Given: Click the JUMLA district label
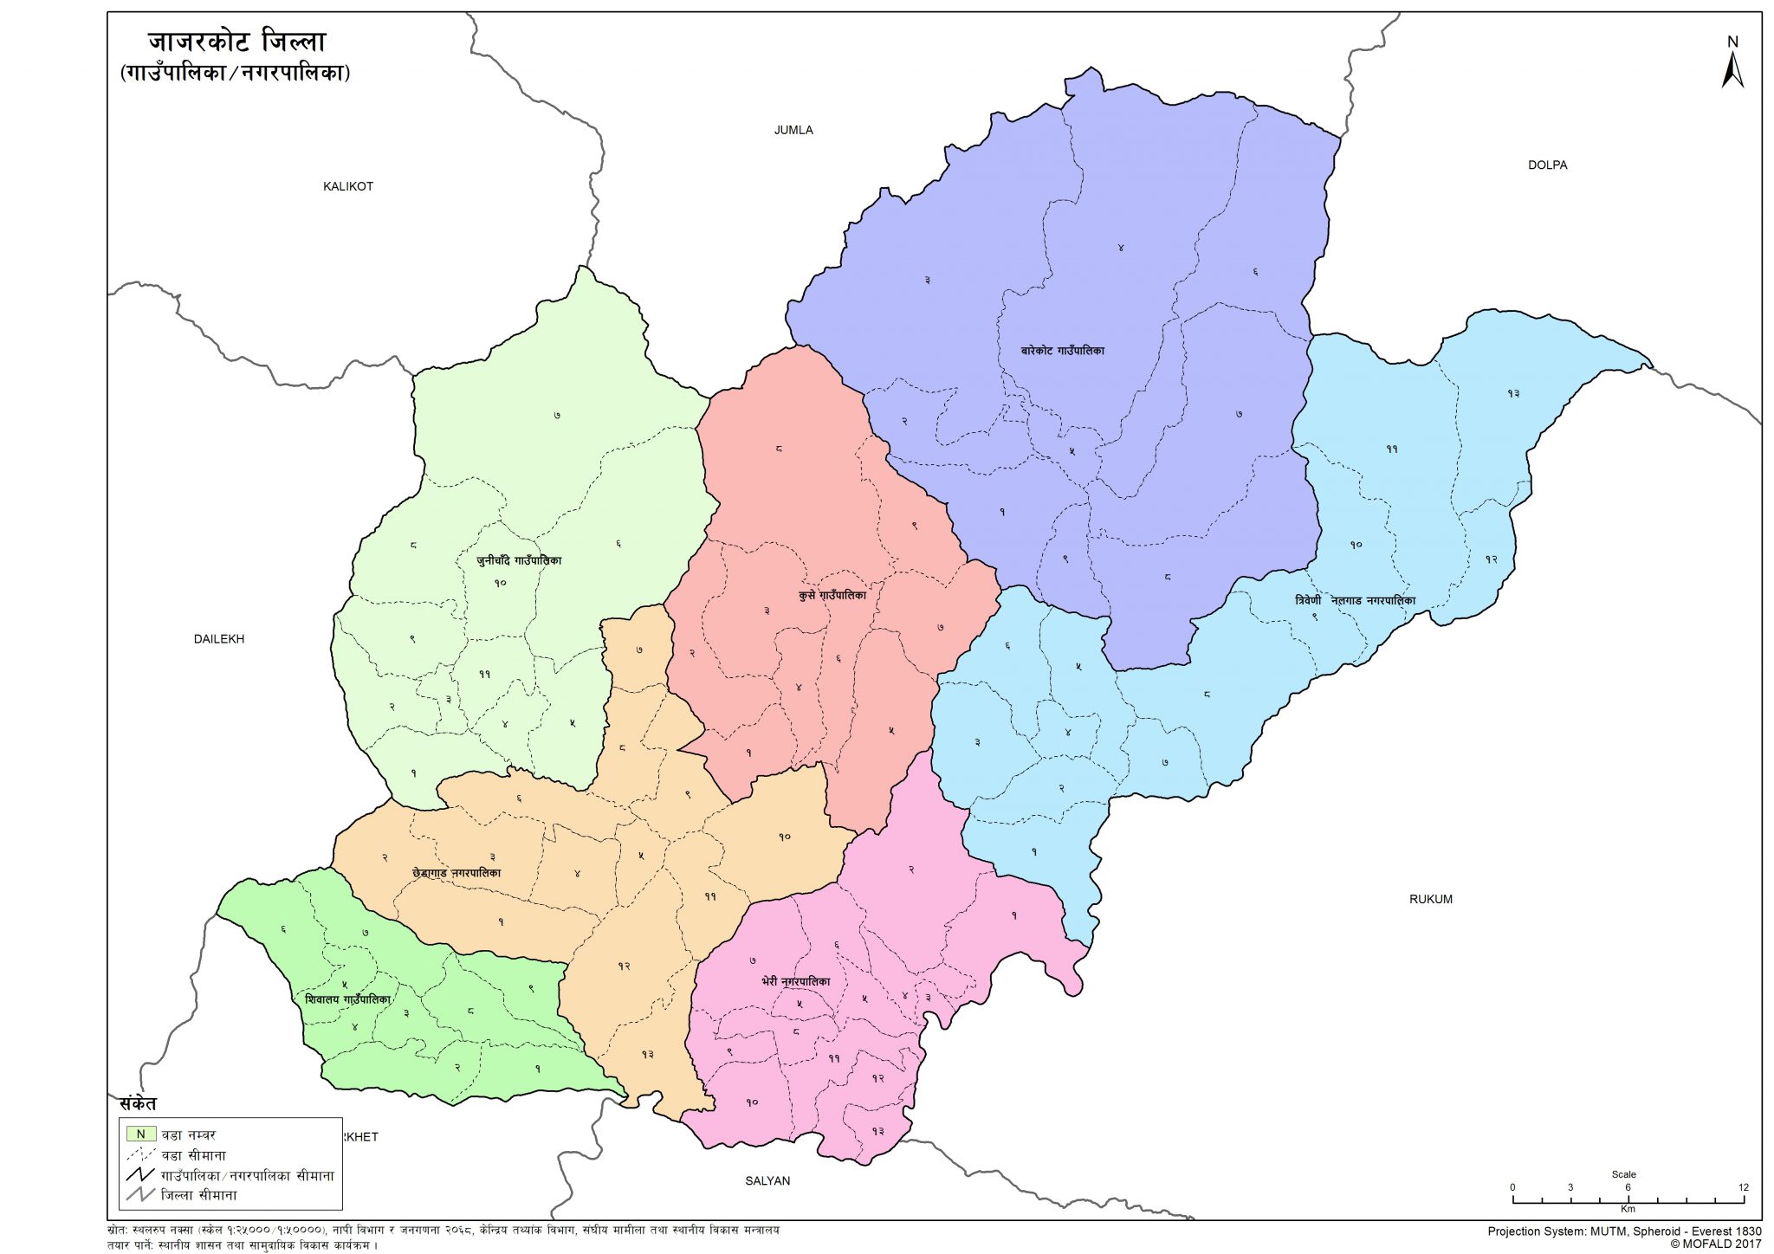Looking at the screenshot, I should click(x=793, y=130).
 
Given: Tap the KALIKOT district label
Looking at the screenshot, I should click(x=347, y=186).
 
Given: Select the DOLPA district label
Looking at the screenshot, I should click(x=1547, y=165).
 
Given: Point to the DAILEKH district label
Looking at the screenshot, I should click(x=218, y=639).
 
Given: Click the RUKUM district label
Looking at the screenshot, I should click(x=1430, y=899).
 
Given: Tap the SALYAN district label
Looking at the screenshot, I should click(x=767, y=1180).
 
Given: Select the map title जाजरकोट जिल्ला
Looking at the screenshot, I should click(x=236, y=42).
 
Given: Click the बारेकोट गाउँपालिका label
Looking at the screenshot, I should click(x=1062, y=351).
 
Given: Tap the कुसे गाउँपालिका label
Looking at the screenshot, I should click(x=832, y=595).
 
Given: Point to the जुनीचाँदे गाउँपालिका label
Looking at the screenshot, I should click(x=519, y=560).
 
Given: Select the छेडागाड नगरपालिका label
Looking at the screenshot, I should click(x=456, y=873).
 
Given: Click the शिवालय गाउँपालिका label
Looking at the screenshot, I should click(x=347, y=999).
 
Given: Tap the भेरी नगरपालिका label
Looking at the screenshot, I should click(x=795, y=981).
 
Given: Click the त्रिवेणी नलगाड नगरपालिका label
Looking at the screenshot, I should click(x=1355, y=600).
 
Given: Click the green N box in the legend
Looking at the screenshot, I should click(x=140, y=1134).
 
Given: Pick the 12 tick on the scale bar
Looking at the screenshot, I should click(x=1743, y=1188).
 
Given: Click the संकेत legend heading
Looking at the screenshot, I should click(x=138, y=1104).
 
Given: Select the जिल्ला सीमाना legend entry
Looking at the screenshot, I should click(x=198, y=1195).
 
